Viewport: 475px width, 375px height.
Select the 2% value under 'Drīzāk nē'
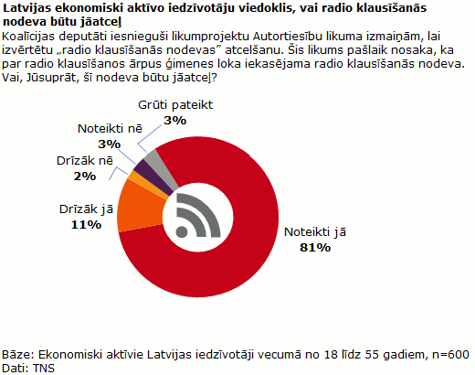(86, 176)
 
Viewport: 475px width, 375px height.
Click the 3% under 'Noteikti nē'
(109, 144)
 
